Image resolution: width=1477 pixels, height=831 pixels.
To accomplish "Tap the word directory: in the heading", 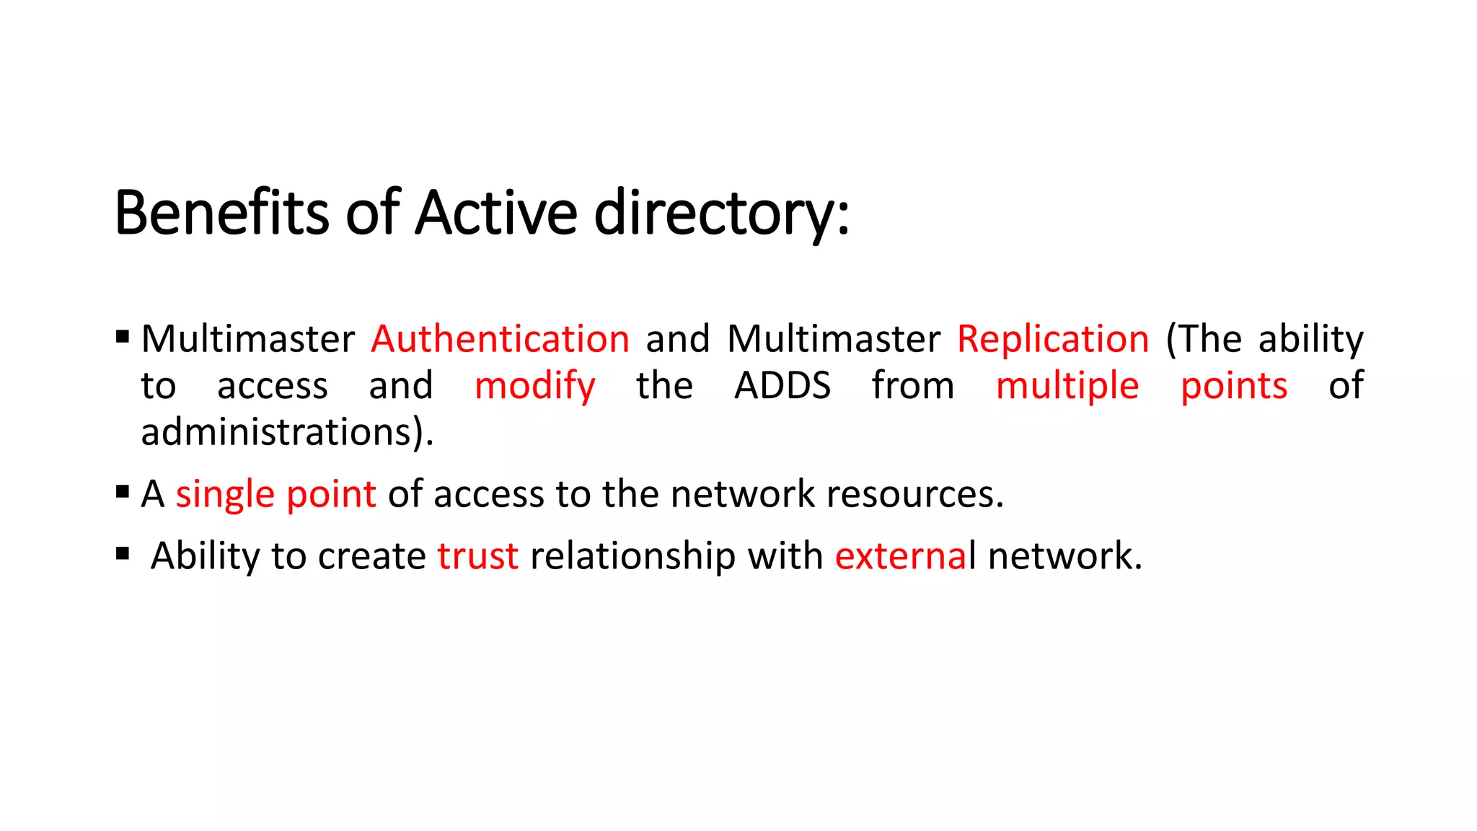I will coord(721,214).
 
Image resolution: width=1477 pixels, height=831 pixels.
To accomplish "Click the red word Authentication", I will coord(500,339).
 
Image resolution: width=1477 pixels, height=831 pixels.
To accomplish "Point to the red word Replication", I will coord(1053,339).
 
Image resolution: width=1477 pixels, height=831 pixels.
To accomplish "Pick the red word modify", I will coord(535,386).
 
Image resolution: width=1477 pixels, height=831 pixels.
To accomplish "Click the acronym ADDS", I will coord(782,386).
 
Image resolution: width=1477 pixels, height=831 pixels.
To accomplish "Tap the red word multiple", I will coord(1067,386).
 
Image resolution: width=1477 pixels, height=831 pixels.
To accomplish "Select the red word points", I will coord(1234,386).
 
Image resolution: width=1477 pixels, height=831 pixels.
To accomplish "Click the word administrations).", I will coord(287,432).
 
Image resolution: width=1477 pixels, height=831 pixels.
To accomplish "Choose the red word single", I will coord(225,494).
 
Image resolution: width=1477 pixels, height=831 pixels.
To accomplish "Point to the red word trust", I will coord(477,556).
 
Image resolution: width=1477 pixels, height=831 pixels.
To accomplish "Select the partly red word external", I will coord(905,556).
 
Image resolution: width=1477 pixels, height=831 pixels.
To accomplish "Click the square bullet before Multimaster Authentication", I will coord(123,336).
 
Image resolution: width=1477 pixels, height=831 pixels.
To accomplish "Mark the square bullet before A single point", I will coord(123,492).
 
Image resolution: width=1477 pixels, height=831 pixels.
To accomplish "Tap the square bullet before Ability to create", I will coord(123,554).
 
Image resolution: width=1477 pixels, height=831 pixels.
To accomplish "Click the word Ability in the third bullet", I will coord(206,556).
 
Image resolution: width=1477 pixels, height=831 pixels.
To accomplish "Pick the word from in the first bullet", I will coord(912,386).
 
